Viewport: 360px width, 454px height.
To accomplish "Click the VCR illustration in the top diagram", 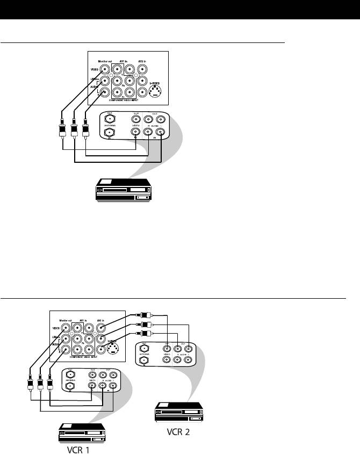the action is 123,191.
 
